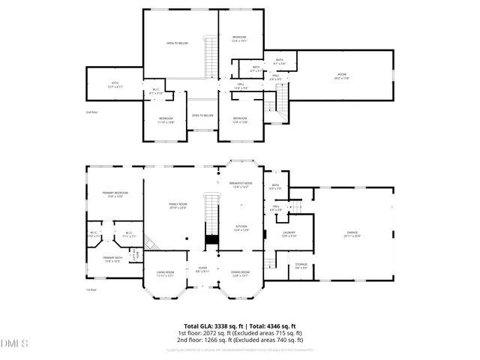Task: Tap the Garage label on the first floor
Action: (352, 234)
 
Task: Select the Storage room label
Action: (301, 265)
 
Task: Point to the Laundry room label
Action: (289, 234)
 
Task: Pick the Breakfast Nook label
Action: (240, 184)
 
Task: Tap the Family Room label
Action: (178, 206)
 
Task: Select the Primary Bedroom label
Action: (112, 195)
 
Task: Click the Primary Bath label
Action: (112, 259)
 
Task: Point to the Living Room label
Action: (165, 274)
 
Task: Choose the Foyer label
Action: (202, 270)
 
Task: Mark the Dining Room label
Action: (240, 274)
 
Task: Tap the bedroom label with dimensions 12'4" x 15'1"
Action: (239, 39)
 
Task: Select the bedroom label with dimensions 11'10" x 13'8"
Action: (166, 120)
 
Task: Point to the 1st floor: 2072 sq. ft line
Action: (239, 333)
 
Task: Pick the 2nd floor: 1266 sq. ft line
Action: (239, 339)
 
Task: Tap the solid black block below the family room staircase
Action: (211, 239)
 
